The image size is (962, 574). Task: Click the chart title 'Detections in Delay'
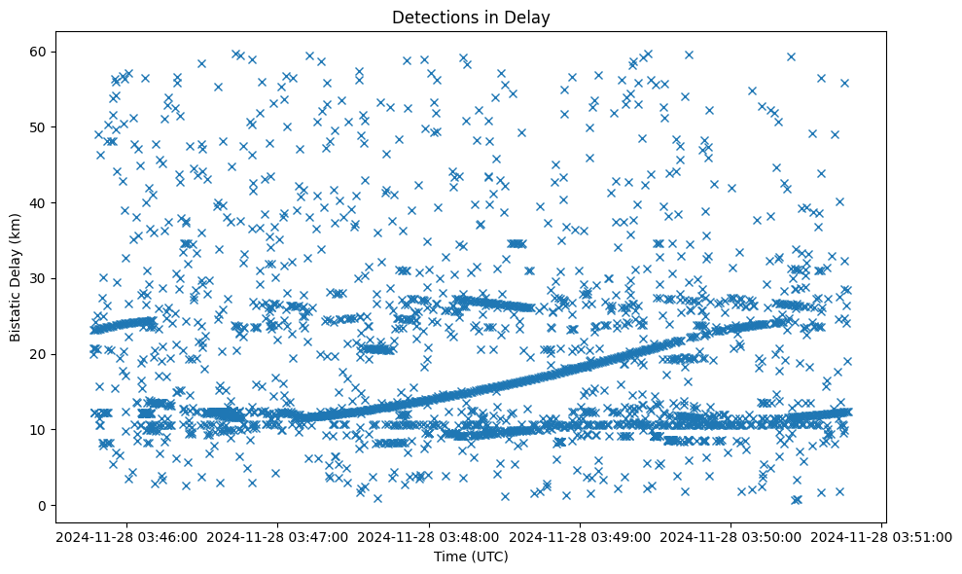point(470,17)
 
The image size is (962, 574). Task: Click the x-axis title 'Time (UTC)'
point(470,556)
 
